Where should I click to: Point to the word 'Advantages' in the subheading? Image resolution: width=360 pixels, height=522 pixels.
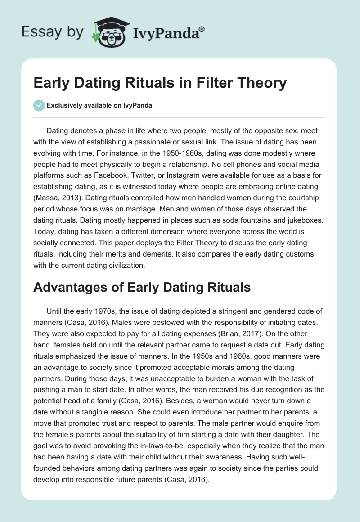point(72,287)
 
